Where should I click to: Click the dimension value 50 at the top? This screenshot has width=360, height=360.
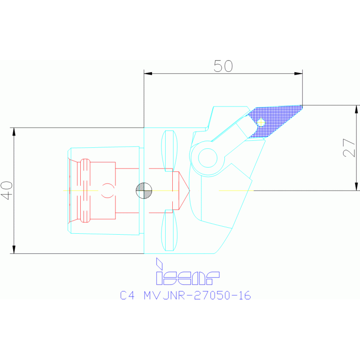(223, 66)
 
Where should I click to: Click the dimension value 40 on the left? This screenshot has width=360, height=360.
(7, 191)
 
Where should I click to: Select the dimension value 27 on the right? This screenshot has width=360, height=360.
(349, 148)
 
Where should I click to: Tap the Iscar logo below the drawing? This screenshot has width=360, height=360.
(188, 271)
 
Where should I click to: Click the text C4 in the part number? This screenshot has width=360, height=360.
(127, 295)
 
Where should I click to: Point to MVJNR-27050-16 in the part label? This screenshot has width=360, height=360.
(197, 295)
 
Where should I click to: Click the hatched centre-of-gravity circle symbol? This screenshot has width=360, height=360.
(144, 191)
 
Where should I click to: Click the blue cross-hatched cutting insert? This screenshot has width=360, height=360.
(275, 122)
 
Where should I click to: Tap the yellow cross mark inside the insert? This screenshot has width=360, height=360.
(261, 123)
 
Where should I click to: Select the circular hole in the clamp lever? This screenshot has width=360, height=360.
(207, 158)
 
